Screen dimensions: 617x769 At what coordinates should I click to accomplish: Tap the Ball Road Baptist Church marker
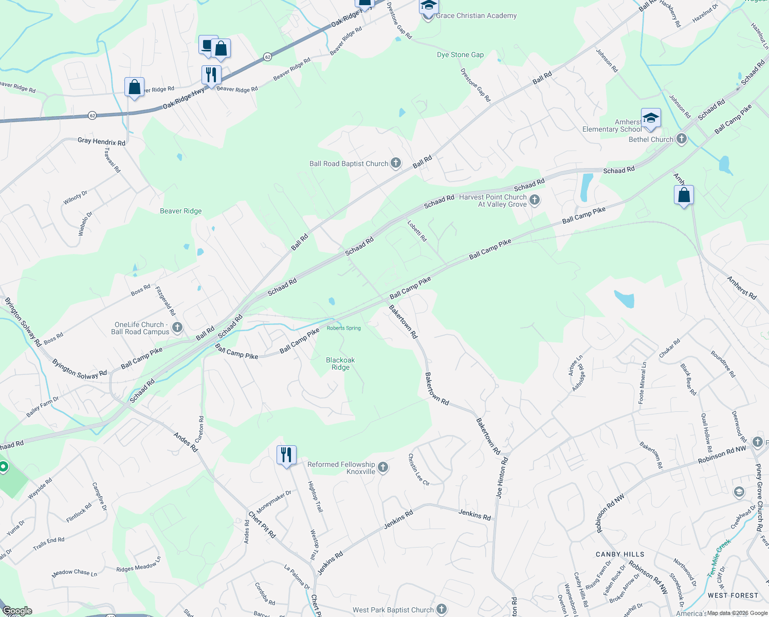coord(395,164)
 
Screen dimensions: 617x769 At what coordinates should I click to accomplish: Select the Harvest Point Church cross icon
coord(535,200)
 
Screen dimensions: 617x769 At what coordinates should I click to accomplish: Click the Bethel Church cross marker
coord(681,139)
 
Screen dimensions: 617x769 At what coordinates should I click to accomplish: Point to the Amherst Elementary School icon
coord(650,118)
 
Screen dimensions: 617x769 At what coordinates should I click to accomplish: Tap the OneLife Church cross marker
coord(177,328)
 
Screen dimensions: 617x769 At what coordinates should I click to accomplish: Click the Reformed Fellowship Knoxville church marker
coord(383,467)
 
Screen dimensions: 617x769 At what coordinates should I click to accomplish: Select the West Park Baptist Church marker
coord(442,609)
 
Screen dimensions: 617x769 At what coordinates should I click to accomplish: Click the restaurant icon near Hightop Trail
coord(286,455)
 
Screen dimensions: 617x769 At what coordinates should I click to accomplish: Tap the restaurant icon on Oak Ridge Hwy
coord(211,75)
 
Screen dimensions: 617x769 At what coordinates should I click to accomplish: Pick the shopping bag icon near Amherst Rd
coord(684,195)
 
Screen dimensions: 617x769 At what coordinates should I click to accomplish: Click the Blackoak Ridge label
coord(340,364)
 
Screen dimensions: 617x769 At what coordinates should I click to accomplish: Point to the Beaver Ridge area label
coord(180,211)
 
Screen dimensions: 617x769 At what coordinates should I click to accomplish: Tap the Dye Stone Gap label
coord(460,55)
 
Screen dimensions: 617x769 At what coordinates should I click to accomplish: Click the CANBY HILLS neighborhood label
coord(619,554)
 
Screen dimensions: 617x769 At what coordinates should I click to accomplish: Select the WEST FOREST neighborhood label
coord(733,595)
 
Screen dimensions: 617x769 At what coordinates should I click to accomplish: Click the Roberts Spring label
coord(344,328)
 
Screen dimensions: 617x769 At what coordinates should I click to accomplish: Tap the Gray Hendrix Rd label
coord(101,141)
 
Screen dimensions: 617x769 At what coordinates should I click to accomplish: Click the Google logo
coord(17,610)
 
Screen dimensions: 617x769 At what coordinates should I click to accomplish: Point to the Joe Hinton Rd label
coord(502,478)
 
